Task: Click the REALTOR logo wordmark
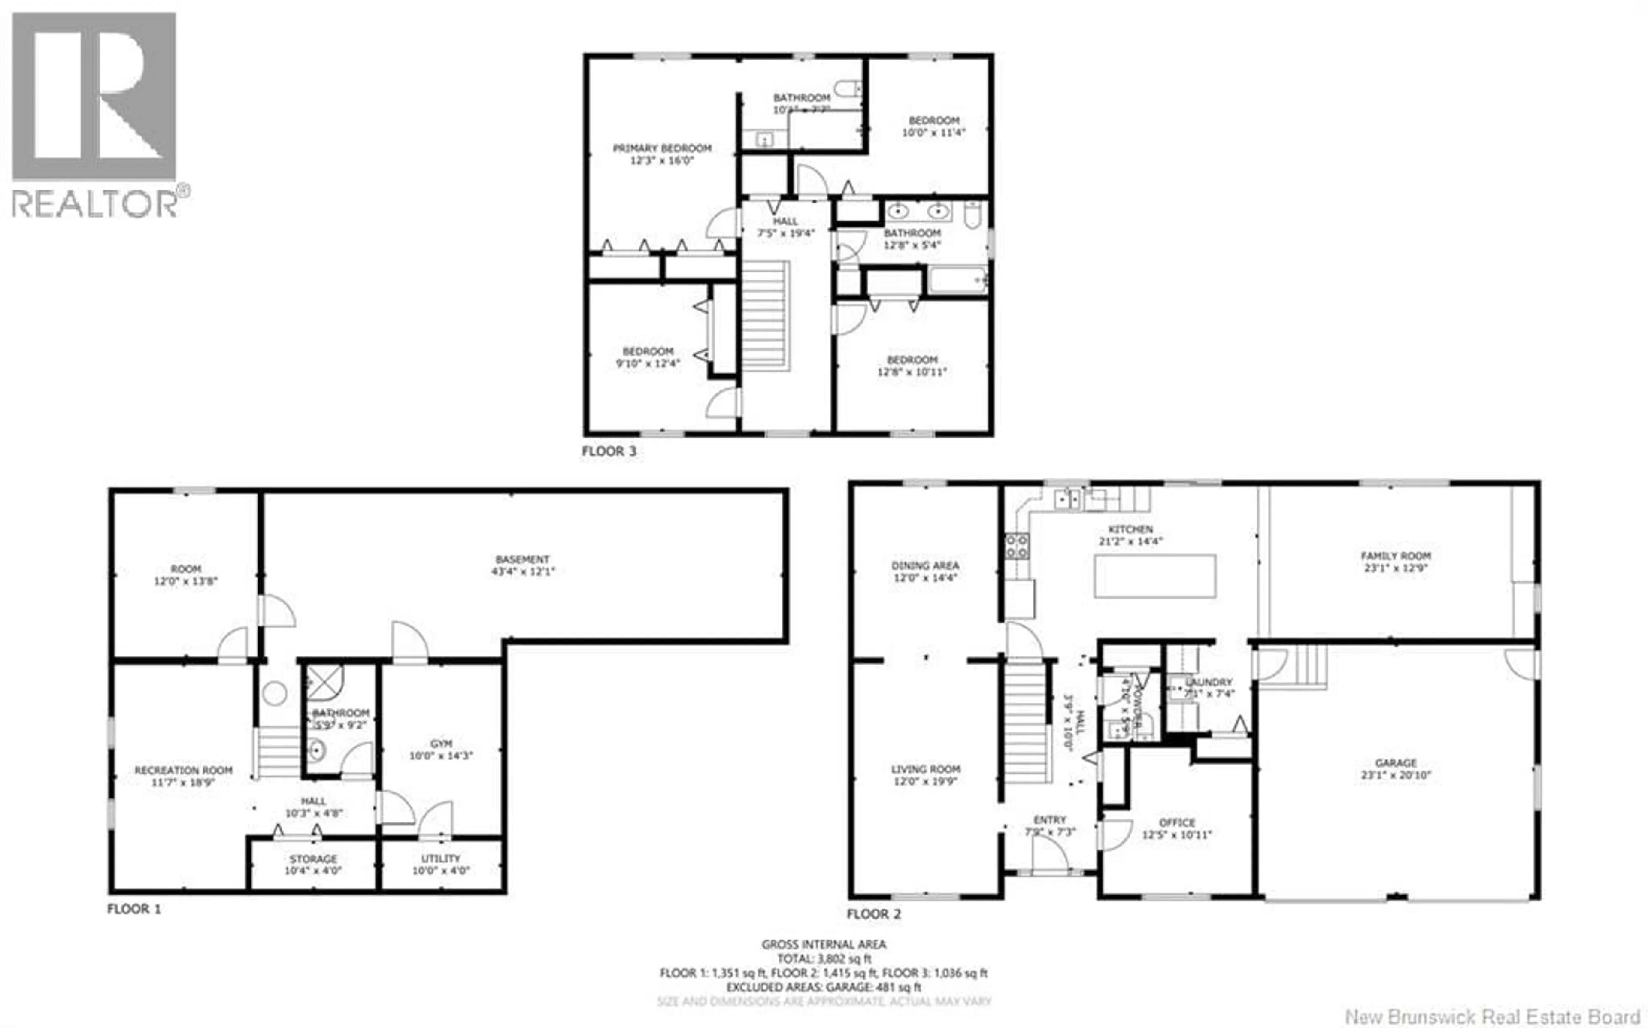95,203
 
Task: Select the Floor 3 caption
609,451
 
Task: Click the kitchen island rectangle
1154,576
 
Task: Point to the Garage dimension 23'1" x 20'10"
1396,775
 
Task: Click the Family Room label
1396,556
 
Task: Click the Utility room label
441,859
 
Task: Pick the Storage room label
313,859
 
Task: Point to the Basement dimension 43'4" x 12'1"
523,572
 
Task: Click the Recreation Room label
184,770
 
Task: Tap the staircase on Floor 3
765,316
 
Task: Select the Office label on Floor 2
1177,822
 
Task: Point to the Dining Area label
925,565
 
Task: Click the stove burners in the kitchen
1016,546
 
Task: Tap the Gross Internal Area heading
823,944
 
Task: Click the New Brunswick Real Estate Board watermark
1492,1016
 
